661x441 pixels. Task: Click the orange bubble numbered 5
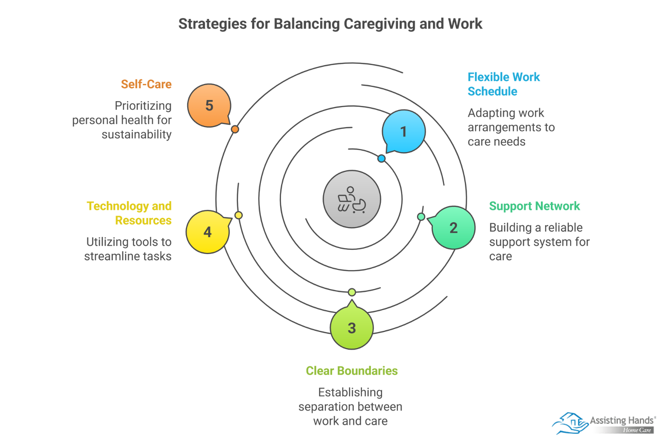pos(209,106)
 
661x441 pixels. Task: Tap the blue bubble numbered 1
pos(404,131)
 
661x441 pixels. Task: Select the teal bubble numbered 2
pos(454,228)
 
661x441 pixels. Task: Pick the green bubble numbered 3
pos(352,328)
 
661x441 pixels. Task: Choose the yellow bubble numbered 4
pos(207,232)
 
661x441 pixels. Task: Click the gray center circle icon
pos(352,199)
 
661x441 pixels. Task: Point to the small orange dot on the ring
pos(235,129)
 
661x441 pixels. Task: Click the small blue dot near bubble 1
pos(381,158)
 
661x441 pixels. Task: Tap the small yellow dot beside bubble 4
pos(238,215)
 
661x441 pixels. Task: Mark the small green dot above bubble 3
pos(352,292)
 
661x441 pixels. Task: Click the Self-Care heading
pos(146,84)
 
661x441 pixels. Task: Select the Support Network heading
pos(534,206)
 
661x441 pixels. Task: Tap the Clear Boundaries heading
pos(352,371)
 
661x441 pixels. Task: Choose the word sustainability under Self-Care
pos(136,134)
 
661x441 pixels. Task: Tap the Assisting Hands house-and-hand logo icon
pos(570,423)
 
